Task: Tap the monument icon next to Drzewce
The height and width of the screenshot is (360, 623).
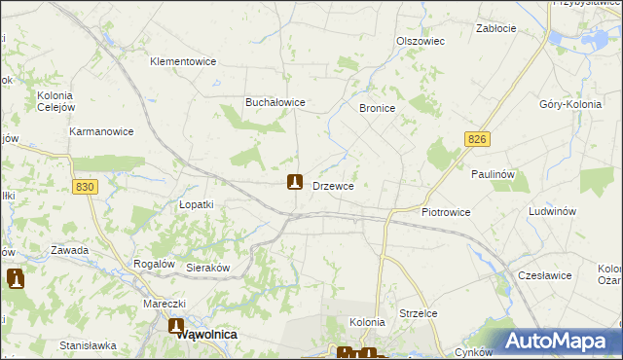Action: coord(295,182)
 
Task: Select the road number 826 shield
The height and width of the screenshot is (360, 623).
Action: coord(476,140)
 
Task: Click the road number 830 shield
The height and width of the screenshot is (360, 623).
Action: coord(86,187)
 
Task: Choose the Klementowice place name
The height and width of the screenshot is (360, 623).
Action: coord(182,61)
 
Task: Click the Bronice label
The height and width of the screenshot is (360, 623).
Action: coord(377,109)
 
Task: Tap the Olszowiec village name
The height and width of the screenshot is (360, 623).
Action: coord(421,41)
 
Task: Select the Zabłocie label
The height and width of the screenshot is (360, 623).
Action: coord(495,28)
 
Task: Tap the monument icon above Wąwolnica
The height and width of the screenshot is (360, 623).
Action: coord(176,327)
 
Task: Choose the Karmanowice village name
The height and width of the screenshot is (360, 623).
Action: coord(101,130)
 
